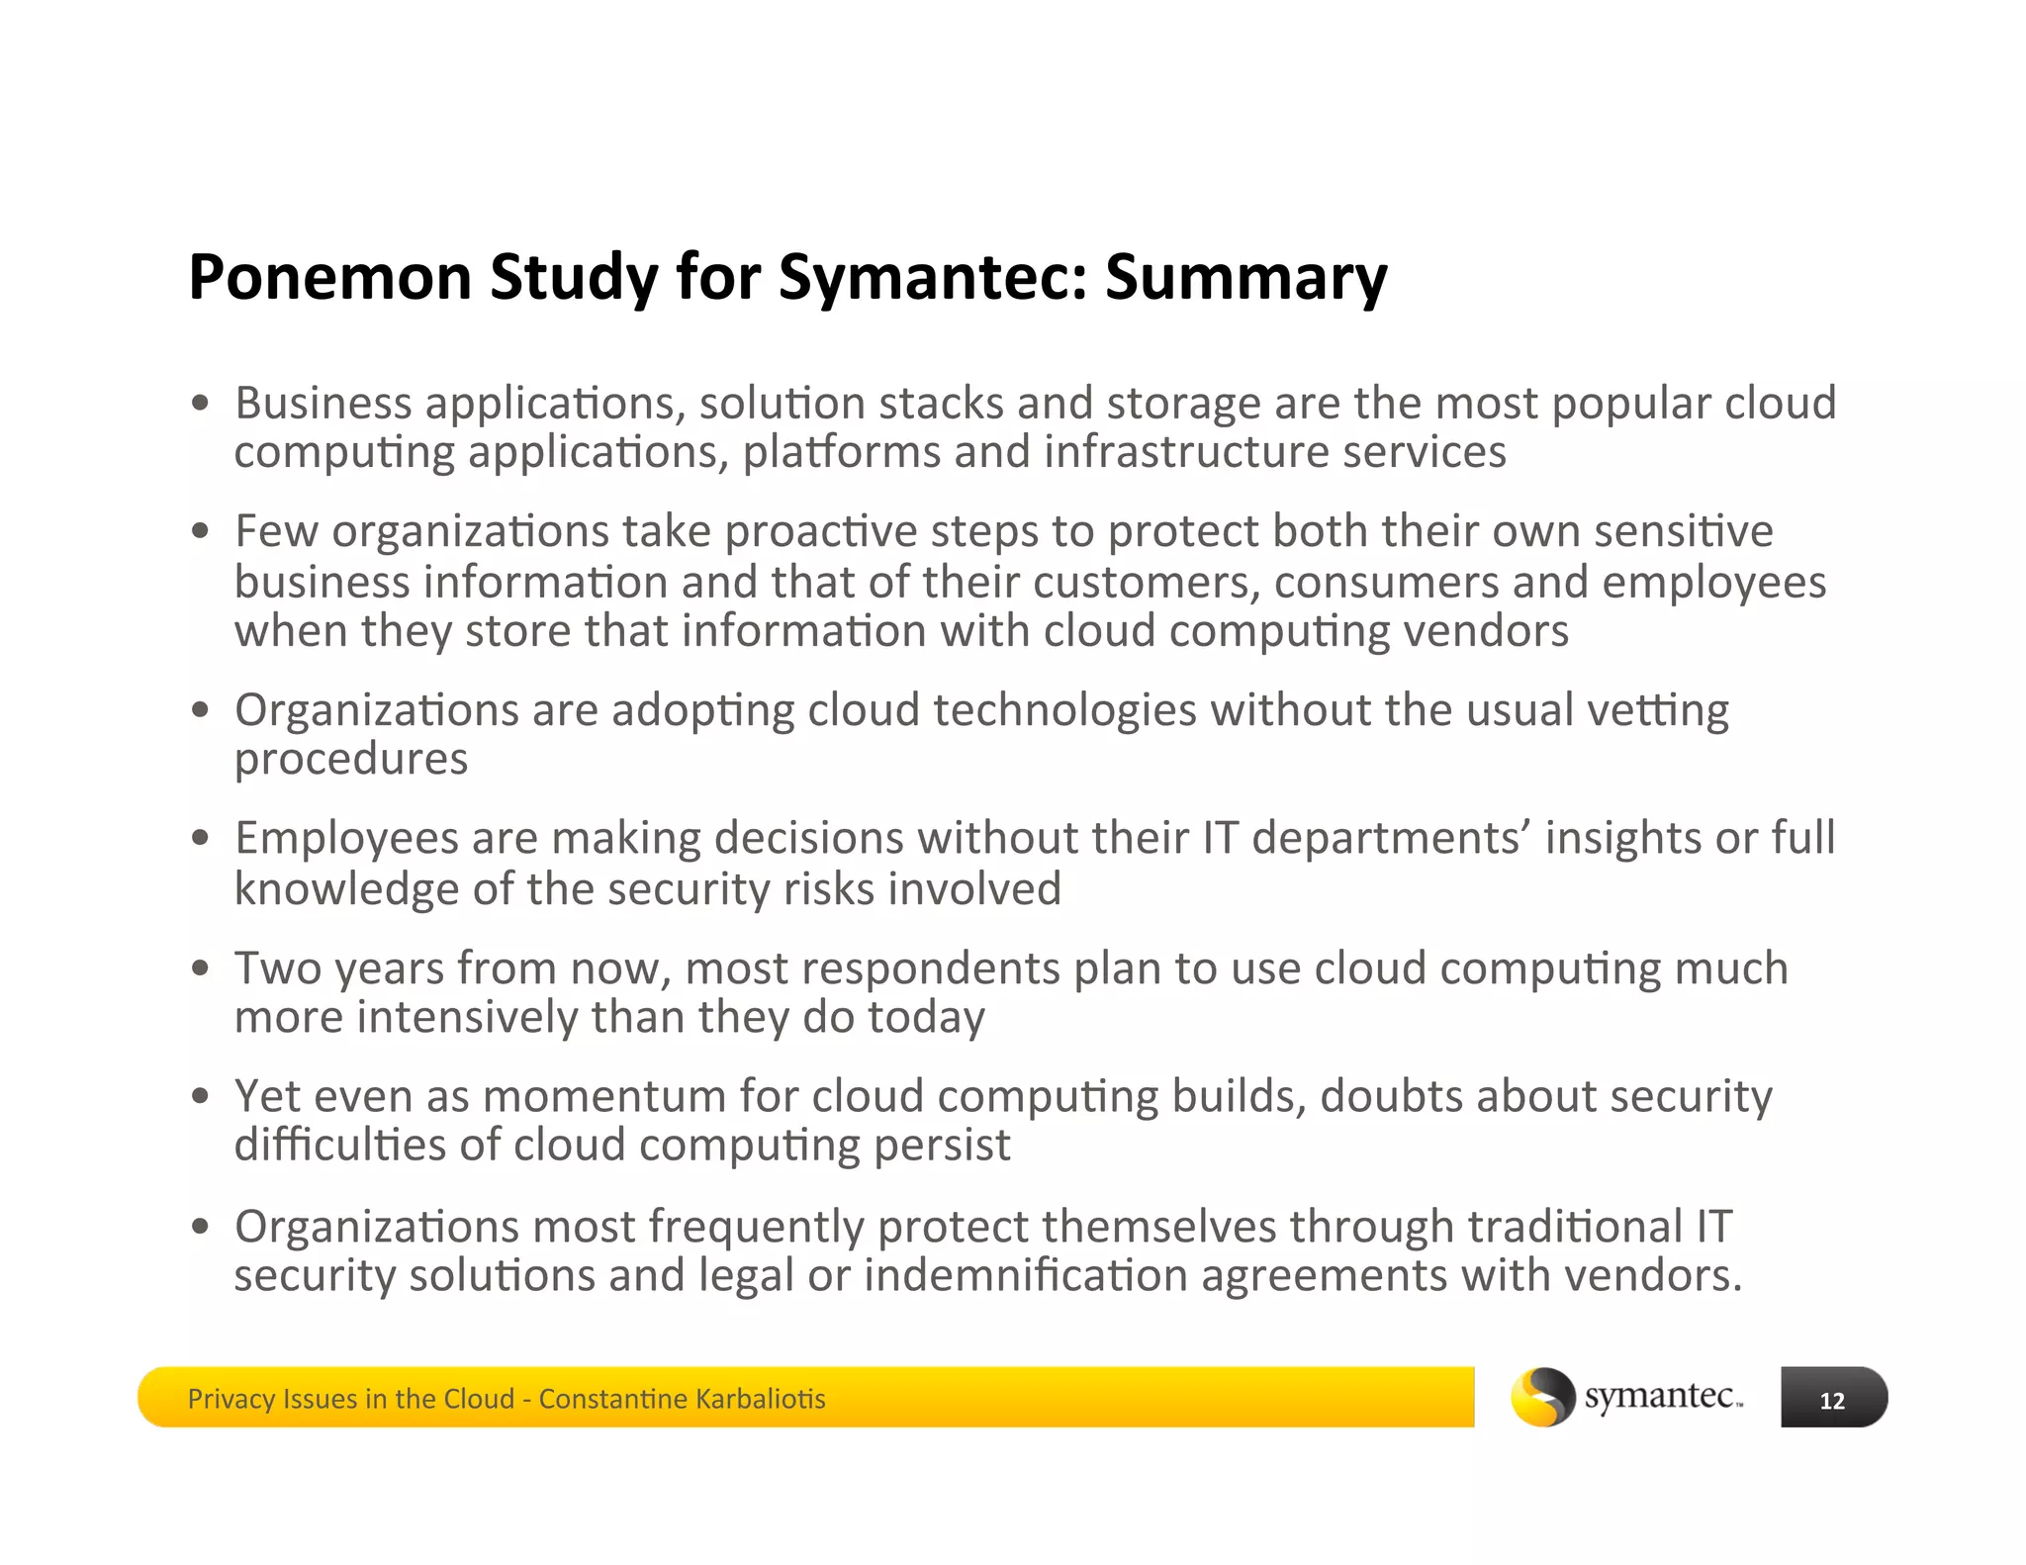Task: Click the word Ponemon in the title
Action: [329, 277]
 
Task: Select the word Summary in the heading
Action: [1245, 277]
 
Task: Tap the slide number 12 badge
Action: [1833, 1399]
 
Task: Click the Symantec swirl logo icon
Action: [1542, 1396]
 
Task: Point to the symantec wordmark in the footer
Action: [1662, 1396]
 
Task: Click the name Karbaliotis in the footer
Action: [760, 1399]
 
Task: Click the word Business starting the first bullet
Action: [323, 404]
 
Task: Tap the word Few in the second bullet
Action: [276, 531]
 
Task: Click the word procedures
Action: [351, 760]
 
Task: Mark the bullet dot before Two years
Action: [202, 968]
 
